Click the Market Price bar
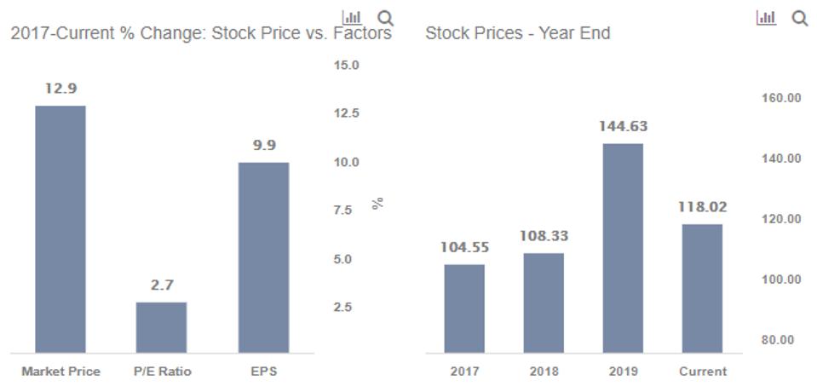pyautogui.click(x=60, y=228)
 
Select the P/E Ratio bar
pyautogui.click(x=161, y=326)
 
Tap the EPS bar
pyautogui.click(x=263, y=257)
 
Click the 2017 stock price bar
pyautogui.click(x=464, y=308)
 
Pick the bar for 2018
pyautogui.click(x=544, y=303)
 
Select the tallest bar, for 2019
pyautogui.click(x=623, y=247)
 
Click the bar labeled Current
pyautogui.click(x=702, y=288)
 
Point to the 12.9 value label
pyautogui.click(x=60, y=89)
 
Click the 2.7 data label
pyautogui.click(x=162, y=285)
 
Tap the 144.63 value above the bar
pyautogui.click(x=623, y=126)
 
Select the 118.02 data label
pyautogui.click(x=702, y=207)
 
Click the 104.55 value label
pyautogui.click(x=464, y=247)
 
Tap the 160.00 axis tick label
pyautogui.click(x=780, y=98)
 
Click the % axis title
pyautogui.click(x=378, y=203)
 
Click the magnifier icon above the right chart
pyautogui.click(x=799, y=18)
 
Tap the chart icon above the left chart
pyautogui.click(x=352, y=17)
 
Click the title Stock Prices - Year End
pyautogui.click(x=517, y=34)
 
